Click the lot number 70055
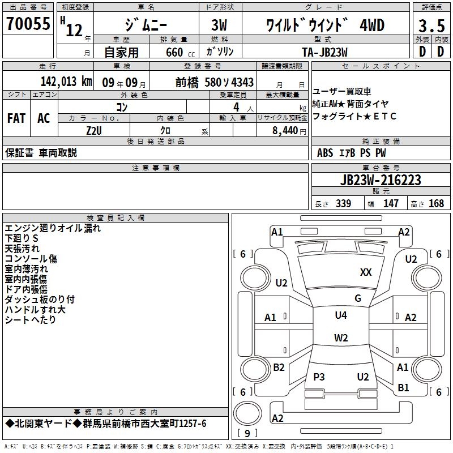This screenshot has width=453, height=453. (27, 24)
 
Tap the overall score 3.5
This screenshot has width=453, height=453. (431, 26)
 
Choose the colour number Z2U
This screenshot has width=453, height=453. (93, 130)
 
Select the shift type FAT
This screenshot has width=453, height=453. (16, 118)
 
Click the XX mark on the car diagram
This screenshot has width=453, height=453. (366, 272)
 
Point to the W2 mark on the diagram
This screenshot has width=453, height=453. (340, 338)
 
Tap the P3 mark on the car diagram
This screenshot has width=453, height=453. (319, 377)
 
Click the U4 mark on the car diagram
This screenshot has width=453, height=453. (340, 315)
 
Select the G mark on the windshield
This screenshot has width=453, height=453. (357, 298)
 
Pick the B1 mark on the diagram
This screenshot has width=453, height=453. (403, 388)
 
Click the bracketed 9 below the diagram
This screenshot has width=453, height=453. (247, 434)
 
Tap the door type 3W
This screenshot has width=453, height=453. (220, 26)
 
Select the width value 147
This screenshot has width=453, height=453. (391, 204)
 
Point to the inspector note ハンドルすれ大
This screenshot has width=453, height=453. (35, 309)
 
